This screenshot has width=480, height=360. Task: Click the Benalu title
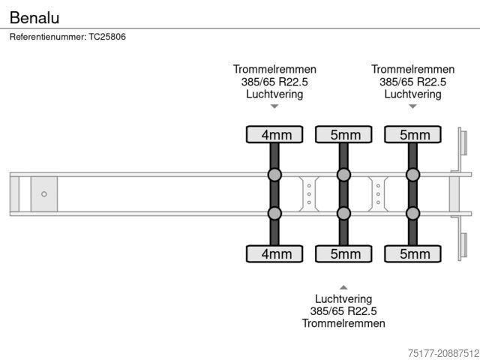(x=34, y=16)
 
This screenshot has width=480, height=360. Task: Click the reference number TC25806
(x=67, y=37)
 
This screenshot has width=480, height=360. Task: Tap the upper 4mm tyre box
(x=274, y=134)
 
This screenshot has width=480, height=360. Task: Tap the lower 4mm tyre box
(x=274, y=253)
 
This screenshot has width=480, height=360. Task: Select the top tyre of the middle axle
(x=343, y=134)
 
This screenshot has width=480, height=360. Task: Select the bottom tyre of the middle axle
(x=343, y=253)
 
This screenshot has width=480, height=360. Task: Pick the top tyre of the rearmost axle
(x=412, y=134)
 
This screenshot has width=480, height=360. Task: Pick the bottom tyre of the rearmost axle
(x=412, y=253)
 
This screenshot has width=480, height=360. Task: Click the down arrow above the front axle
(x=274, y=106)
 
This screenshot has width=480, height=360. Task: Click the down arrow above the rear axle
(x=412, y=106)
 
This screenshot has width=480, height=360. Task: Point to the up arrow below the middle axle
(x=343, y=287)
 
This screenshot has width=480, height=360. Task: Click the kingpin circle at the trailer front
(x=44, y=194)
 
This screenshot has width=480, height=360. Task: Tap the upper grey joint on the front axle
(x=274, y=175)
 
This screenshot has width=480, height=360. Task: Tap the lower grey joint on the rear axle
(x=412, y=214)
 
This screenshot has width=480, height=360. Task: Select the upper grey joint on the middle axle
(x=343, y=175)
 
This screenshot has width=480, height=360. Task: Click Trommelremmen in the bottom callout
(x=343, y=323)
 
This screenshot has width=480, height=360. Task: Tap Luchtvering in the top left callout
(x=274, y=94)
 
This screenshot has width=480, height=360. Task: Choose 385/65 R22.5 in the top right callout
(x=412, y=82)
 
